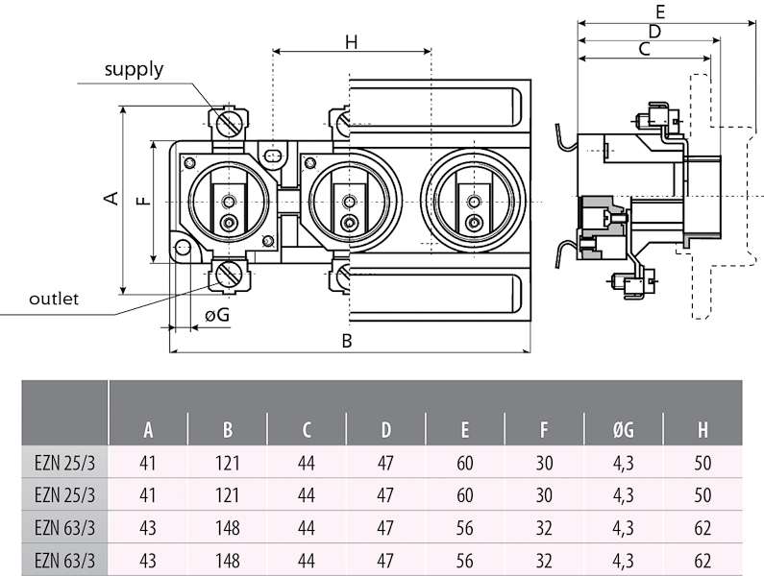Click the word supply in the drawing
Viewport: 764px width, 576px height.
[x=134, y=69]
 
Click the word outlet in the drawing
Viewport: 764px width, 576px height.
[x=53, y=299]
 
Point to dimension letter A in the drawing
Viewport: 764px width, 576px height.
[x=111, y=198]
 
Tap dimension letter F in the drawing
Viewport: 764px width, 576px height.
[x=141, y=202]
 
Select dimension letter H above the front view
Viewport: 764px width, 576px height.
[x=351, y=41]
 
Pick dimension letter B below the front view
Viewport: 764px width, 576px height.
[x=348, y=341]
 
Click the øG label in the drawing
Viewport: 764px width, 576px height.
[x=216, y=314]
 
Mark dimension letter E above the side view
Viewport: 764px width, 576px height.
[x=659, y=12]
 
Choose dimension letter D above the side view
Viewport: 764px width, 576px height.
[x=653, y=31]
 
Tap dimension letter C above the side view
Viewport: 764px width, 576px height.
[x=645, y=48]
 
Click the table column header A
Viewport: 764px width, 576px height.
[x=148, y=430]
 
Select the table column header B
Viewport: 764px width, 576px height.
[x=228, y=430]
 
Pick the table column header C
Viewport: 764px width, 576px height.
[x=307, y=430]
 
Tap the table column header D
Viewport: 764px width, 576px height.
[x=385, y=430]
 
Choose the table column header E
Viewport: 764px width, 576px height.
[x=465, y=430]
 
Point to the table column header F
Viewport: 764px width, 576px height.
[x=544, y=430]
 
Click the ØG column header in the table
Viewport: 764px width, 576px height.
[x=623, y=430]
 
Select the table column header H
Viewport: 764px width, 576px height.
[x=702, y=430]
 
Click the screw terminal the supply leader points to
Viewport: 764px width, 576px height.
[x=228, y=123]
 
